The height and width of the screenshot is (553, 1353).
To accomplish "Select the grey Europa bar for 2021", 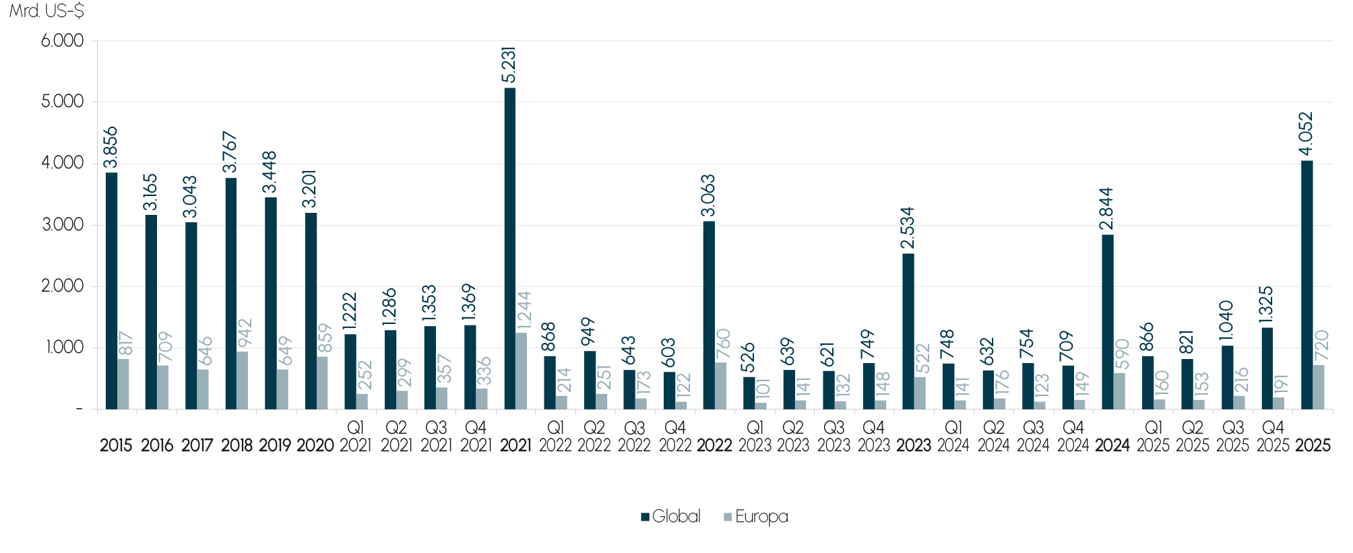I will (x=522, y=370).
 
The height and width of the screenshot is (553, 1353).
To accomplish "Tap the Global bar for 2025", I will (x=1307, y=284).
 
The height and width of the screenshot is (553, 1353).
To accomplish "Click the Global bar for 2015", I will (x=112, y=290).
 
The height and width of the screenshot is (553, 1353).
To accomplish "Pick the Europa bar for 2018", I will (x=243, y=380).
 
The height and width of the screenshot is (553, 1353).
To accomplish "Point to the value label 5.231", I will (x=509, y=65).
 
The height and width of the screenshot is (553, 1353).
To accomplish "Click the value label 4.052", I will (x=1307, y=134).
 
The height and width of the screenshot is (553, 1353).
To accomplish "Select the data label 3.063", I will (x=708, y=196).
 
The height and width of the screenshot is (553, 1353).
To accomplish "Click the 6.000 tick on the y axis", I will (x=63, y=41).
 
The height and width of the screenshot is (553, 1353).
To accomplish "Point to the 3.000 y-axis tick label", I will (x=63, y=225).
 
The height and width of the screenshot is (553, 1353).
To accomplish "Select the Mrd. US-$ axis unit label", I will (x=46, y=11).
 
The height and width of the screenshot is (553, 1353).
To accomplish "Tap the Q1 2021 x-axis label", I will (x=355, y=436).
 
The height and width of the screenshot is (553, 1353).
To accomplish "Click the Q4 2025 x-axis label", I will (x=1273, y=436).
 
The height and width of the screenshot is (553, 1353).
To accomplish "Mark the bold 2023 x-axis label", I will (x=914, y=445).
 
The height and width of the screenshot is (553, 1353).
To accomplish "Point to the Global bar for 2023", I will (x=908, y=331).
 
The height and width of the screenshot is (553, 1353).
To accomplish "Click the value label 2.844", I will (x=1107, y=209).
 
